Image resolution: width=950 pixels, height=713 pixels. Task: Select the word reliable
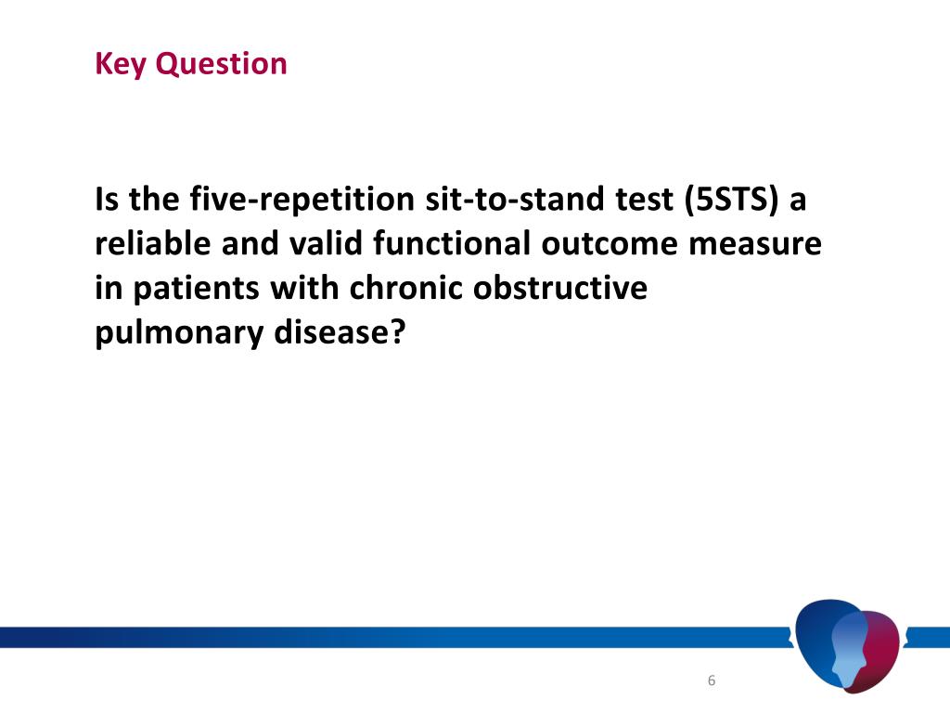click(152, 244)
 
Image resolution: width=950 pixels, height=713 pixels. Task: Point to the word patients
click(191, 289)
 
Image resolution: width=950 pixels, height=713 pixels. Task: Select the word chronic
click(407, 289)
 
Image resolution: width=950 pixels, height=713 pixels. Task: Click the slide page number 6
click(712, 681)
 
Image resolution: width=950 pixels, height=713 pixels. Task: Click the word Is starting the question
click(107, 200)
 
